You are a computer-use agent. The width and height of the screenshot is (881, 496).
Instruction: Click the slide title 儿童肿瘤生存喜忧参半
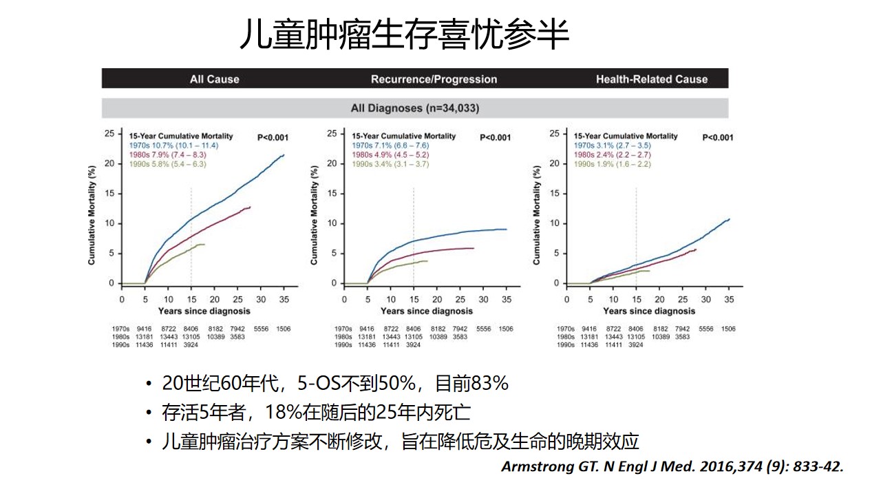tap(404, 34)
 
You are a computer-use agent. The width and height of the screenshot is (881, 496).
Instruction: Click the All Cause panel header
tap(214, 79)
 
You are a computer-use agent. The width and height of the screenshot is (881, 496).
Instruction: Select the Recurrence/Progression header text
tap(434, 79)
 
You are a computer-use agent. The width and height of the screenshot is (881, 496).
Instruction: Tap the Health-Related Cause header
tap(651, 79)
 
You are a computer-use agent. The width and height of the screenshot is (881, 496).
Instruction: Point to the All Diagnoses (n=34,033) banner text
tap(414, 108)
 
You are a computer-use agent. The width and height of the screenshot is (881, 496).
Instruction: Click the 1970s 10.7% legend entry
tap(168, 145)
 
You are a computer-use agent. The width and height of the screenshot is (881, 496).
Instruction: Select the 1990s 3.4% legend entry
tap(390, 163)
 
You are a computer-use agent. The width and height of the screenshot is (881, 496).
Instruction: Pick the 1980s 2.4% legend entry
tap(612, 154)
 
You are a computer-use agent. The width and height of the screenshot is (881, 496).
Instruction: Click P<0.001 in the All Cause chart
tap(273, 137)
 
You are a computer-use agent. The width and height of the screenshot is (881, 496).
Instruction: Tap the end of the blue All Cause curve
tap(284, 155)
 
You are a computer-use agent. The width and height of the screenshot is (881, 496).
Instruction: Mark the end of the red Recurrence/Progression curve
tap(474, 248)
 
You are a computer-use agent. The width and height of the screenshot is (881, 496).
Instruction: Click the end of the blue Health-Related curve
tap(729, 219)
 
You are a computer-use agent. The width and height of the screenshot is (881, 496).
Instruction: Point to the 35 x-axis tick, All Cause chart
tap(284, 300)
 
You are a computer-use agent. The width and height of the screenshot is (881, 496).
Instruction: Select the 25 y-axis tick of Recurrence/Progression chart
tap(332, 134)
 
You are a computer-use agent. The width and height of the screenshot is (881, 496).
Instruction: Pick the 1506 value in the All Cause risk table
tap(283, 329)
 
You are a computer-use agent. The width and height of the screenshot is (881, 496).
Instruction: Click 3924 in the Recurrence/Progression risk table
tap(413, 344)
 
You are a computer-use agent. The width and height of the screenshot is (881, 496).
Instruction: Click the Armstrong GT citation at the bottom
tap(672, 466)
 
